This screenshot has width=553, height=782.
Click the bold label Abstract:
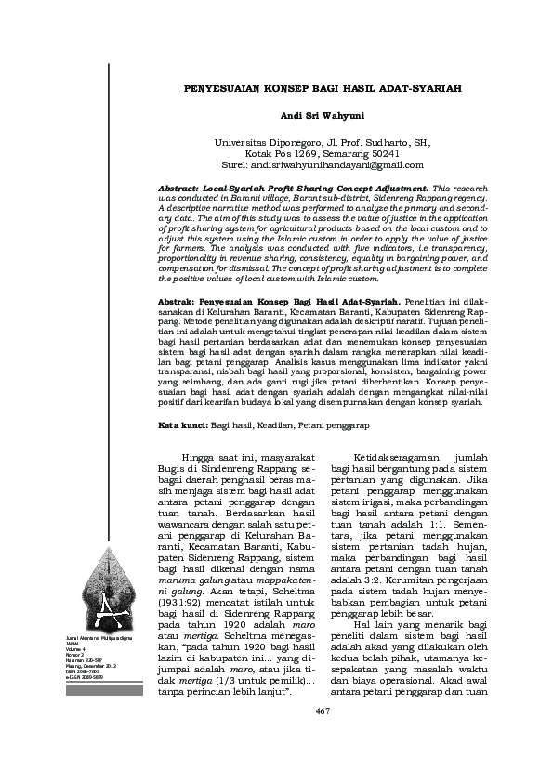tap(179, 189)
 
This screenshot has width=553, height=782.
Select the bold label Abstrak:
tap(179, 303)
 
